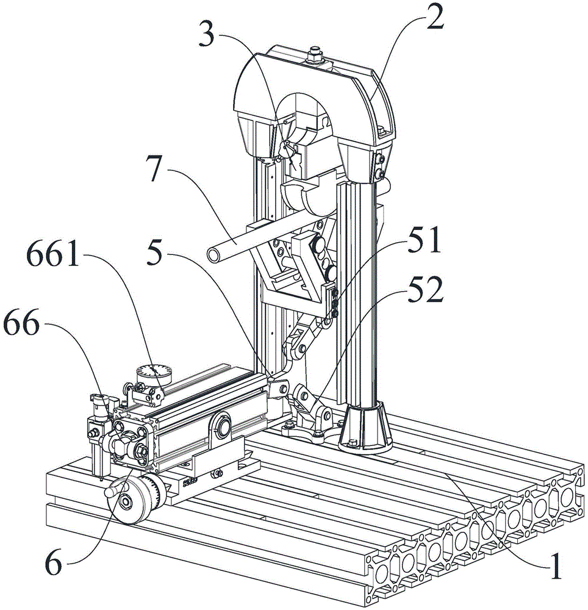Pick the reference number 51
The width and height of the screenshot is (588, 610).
pos(424,240)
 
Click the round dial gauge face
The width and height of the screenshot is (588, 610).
pos(154,375)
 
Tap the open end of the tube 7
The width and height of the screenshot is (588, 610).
pos(213,255)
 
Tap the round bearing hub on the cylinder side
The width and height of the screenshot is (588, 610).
pos(223,426)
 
